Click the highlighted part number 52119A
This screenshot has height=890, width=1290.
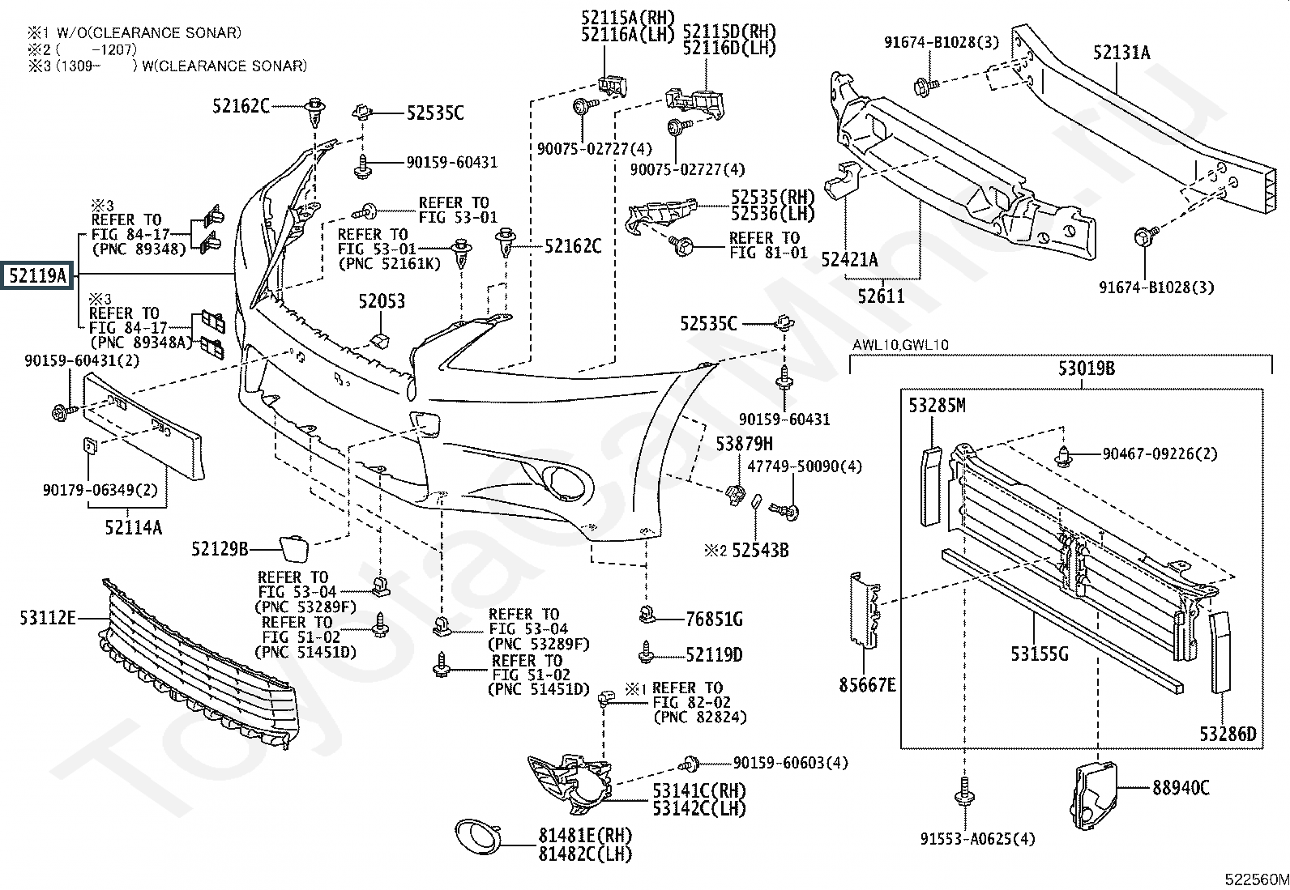click(37, 277)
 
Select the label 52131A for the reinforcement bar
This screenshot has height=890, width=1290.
click(1121, 53)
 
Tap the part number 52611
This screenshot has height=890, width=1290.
click(881, 296)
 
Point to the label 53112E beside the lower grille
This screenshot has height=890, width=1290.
click(48, 620)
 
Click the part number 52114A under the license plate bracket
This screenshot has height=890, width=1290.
click(133, 528)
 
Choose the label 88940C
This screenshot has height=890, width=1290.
click(1181, 787)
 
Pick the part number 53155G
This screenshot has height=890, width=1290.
click(1040, 653)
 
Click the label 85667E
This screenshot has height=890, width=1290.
click(867, 686)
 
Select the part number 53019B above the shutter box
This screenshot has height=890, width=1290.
click(1087, 369)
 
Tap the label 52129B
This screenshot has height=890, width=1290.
click(220, 549)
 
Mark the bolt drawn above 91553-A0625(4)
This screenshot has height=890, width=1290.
click(965, 790)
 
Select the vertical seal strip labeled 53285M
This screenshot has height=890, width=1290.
click(932, 486)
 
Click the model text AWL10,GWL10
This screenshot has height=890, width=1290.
click(900, 345)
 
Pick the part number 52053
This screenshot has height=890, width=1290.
click(382, 301)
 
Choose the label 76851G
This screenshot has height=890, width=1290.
click(714, 620)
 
